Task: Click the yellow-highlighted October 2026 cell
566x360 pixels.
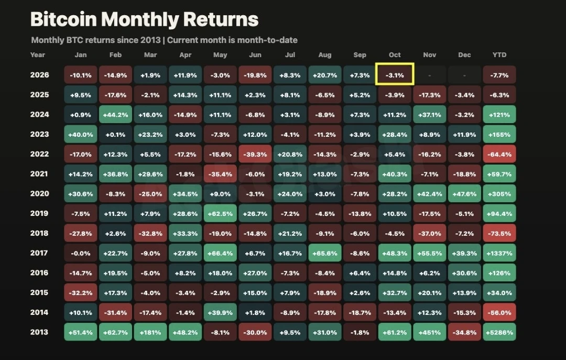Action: click(395, 74)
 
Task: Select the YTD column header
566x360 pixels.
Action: click(499, 55)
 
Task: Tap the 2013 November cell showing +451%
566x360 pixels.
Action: click(430, 332)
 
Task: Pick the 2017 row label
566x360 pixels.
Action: click(39, 253)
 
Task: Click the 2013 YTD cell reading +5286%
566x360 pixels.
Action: click(499, 332)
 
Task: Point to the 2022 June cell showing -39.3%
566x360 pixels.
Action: click(255, 154)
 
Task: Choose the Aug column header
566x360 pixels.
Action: click(324, 55)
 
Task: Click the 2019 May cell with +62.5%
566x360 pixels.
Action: click(220, 213)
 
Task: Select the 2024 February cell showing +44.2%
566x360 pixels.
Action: click(115, 114)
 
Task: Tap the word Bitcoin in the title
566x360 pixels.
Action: click(63, 19)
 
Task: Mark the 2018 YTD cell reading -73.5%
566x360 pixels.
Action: click(499, 233)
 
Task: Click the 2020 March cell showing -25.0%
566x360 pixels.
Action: click(150, 193)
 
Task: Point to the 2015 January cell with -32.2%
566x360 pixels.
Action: click(81, 292)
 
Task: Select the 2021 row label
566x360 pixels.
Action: click(39, 173)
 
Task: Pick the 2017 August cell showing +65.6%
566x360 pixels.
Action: click(324, 253)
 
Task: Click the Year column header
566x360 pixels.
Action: click(38, 55)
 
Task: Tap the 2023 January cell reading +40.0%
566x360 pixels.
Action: click(81, 134)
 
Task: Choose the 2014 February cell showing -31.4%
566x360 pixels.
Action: click(115, 312)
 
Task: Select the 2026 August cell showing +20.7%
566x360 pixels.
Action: click(324, 75)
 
